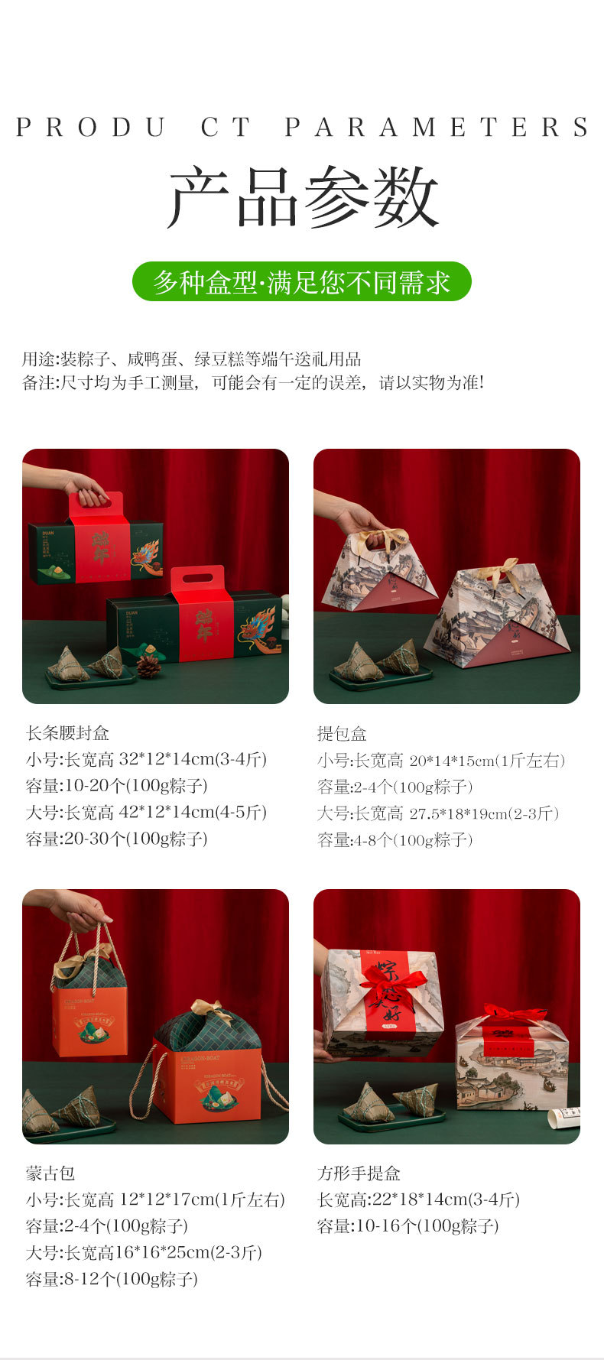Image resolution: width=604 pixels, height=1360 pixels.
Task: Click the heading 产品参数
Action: pyautogui.click(x=303, y=197)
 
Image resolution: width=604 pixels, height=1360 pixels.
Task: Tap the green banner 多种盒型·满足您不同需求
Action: pyautogui.click(x=302, y=282)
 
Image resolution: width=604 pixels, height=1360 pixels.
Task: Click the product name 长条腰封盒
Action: pyautogui.click(x=68, y=733)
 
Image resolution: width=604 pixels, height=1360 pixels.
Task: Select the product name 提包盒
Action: pyautogui.click(x=342, y=734)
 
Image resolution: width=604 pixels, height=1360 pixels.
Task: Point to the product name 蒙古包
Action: pyautogui.click(x=50, y=1173)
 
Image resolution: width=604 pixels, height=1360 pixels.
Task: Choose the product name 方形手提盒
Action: pyautogui.click(x=359, y=1173)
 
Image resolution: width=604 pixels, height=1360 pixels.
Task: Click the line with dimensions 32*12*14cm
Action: pyautogui.click(x=146, y=759)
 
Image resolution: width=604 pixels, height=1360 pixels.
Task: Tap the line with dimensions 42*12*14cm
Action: pyautogui.click(x=146, y=812)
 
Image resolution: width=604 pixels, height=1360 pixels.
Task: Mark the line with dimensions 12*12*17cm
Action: pyautogui.click(x=155, y=1199)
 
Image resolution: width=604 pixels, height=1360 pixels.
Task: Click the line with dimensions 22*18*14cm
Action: pyautogui.click(x=418, y=1199)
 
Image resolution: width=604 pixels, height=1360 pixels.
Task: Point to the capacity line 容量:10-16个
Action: pyautogui.click(x=408, y=1226)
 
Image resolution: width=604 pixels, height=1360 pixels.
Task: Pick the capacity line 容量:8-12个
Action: pyautogui.click(x=112, y=1279)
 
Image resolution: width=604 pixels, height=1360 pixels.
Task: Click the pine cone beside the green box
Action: pyautogui.click(x=148, y=667)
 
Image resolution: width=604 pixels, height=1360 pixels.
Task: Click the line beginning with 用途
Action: pyautogui.click(x=191, y=359)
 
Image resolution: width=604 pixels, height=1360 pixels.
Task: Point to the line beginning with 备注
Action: pyautogui.click(x=252, y=382)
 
